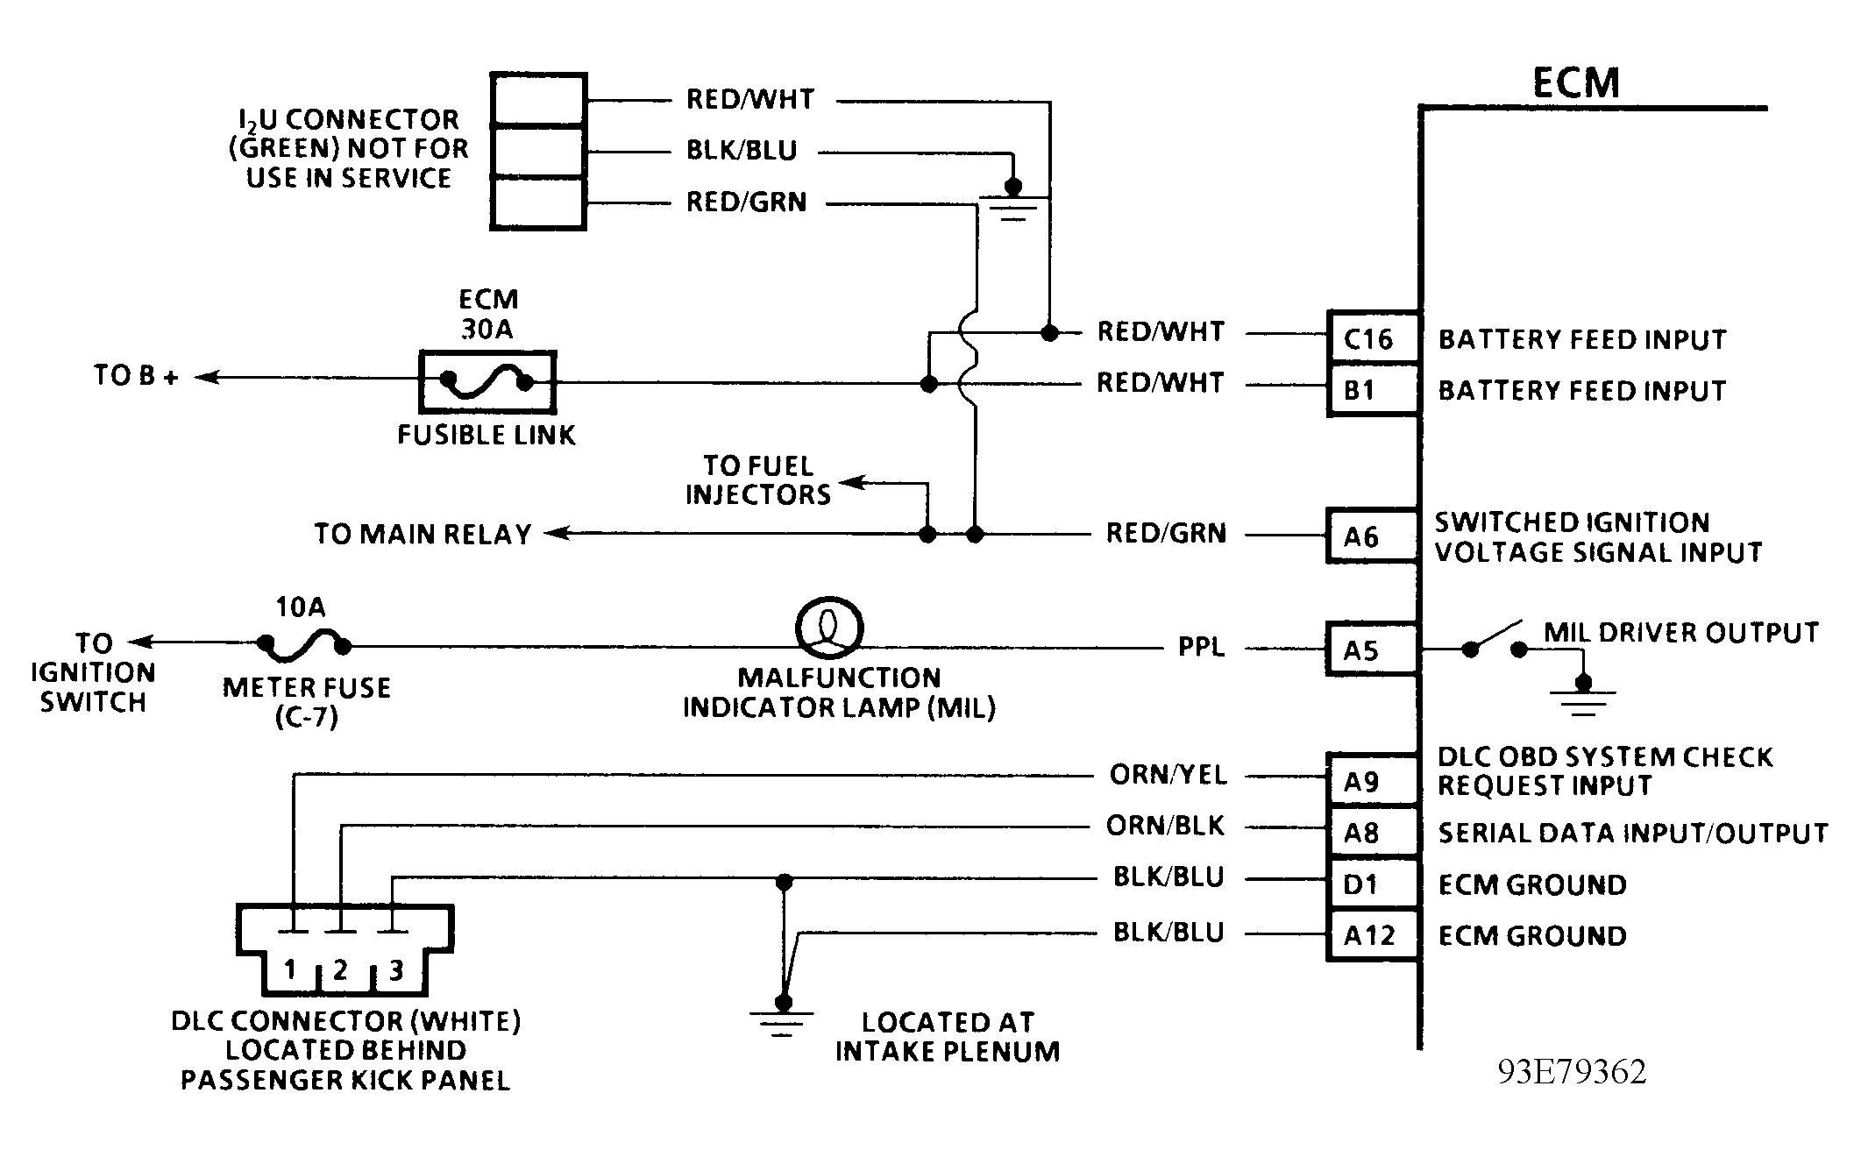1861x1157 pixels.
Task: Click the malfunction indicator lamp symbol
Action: click(x=829, y=628)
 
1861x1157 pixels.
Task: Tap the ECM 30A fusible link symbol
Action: click(x=487, y=381)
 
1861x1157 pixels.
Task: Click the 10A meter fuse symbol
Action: click(x=303, y=646)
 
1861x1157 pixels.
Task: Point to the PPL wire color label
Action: click(x=1201, y=647)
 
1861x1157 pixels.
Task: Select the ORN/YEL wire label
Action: click(x=1168, y=775)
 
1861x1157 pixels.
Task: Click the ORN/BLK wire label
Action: click(x=1165, y=826)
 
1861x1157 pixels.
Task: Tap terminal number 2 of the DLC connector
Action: click(x=341, y=969)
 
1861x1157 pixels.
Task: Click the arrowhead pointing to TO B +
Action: click(x=207, y=378)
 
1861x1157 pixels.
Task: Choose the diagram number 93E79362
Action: click(x=1572, y=1071)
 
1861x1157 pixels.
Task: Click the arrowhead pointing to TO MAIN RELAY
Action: click(x=557, y=533)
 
